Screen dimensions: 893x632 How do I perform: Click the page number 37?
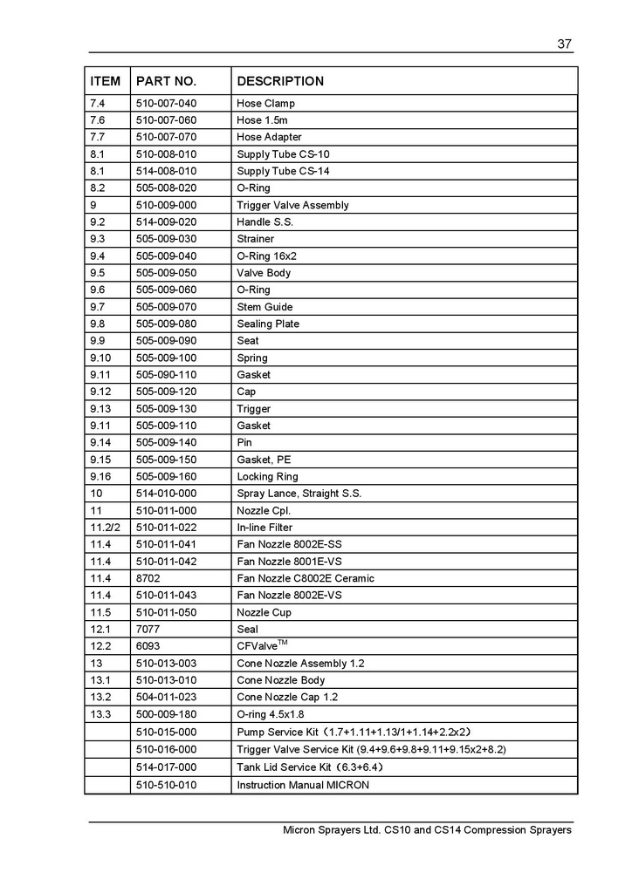(564, 45)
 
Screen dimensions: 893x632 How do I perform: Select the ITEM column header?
(106, 81)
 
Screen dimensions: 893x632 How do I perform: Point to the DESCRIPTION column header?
(280, 81)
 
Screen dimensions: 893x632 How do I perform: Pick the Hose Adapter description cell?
(269, 137)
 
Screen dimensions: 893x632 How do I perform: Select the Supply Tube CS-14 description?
(283, 171)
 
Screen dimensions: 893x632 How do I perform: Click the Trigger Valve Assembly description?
(292, 205)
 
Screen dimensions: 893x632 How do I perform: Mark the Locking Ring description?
(267, 476)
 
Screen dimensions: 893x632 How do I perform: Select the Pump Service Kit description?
(354, 732)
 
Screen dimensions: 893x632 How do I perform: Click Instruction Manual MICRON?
(303, 785)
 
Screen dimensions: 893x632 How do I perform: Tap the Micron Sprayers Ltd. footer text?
(427, 830)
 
